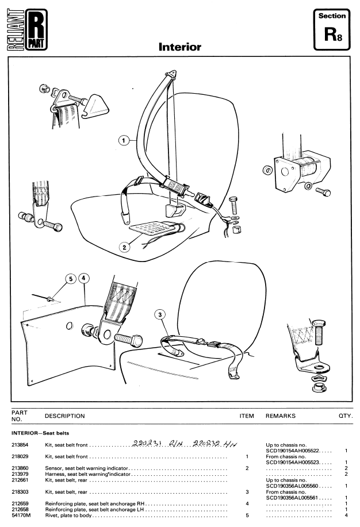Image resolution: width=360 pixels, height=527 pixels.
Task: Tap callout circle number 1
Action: click(x=122, y=139)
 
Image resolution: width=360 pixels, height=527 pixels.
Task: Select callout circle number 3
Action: click(x=160, y=314)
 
